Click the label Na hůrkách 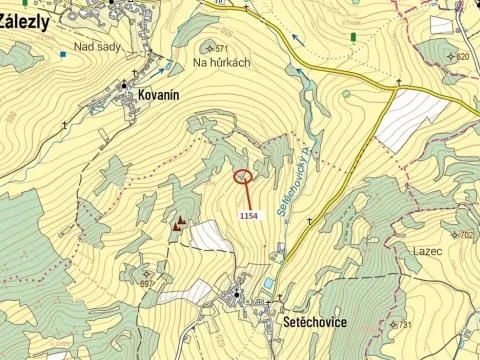(221, 62)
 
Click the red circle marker (242, 177)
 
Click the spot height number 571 (221, 48)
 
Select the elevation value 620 (461, 56)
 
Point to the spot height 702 (466, 234)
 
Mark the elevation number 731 (404, 325)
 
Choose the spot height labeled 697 (149, 284)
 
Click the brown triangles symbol (180, 224)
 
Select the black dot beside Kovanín (124, 86)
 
